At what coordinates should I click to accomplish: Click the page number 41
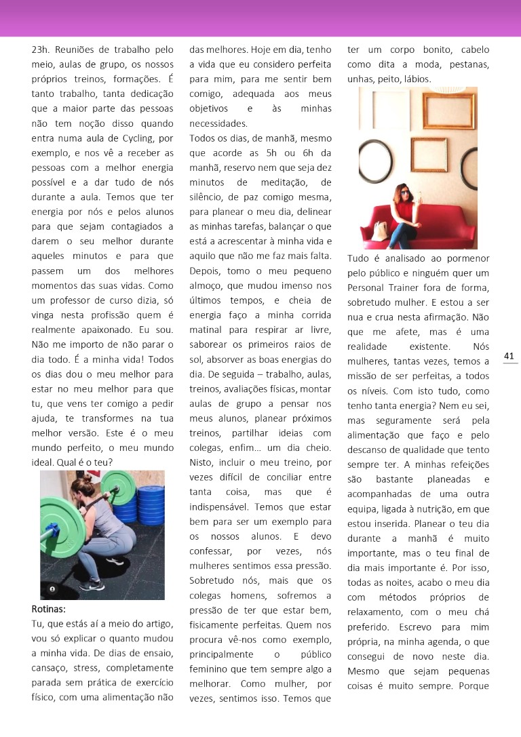(x=509, y=356)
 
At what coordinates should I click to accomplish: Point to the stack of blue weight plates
(x=146, y=502)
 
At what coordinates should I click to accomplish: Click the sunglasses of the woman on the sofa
(x=405, y=193)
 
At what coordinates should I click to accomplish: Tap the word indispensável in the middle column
(x=221, y=506)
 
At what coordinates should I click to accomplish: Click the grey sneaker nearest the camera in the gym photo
(x=91, y=584)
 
